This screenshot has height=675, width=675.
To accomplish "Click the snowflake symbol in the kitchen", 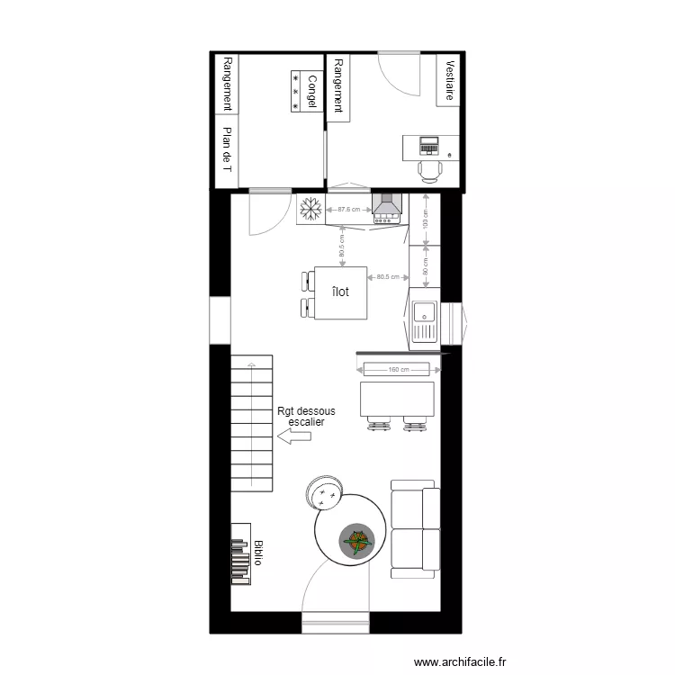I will (x=311, y=210).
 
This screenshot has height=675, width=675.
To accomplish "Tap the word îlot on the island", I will (x=340, y=292).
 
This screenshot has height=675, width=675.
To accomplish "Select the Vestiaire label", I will (x=448, y=81).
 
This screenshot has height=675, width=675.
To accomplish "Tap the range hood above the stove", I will (x=388, y=207).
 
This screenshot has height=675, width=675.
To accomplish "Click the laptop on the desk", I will (x=429, y=144).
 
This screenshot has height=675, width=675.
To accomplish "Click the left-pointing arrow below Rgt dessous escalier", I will (x=294, y=436).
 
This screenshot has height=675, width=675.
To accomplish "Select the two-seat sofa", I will (x=416, y=529).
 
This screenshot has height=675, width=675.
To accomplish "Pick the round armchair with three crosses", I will (x=324, y=491).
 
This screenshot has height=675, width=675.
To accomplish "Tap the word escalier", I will (x=306, y=421).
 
